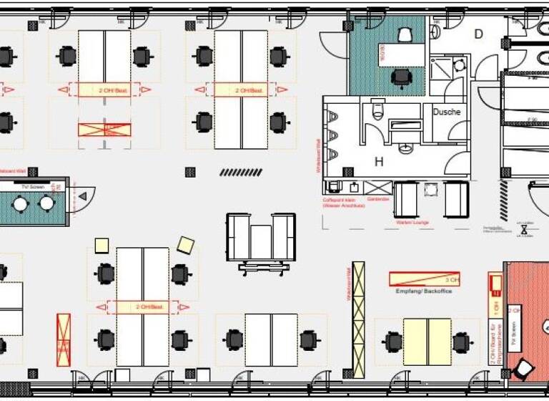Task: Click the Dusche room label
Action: pyautogui.click(x=446, y=112)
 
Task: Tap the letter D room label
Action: pyautogui.click(x=478, y=34)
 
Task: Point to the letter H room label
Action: pyautogui.click(x=379, y=162)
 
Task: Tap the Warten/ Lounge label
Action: pyautogui.click(x=413, y=222)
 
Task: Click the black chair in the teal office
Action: pyautogui.click(x=402, y=77)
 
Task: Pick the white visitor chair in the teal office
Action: pyautogui.click(x=405, y=34)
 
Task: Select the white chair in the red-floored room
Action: pyautogui.click(x=524, y=369)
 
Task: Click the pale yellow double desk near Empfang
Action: pyautogui.click(x=427, y=342)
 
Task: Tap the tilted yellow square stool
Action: pyautogui.click(x=186, y=246)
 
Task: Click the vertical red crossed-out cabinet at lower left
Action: pyautogui.click(x=64, y=341)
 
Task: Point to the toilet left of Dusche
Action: pyautogui.click(x=377, y=110)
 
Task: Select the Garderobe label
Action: pyautogui.click(x=377, y=199)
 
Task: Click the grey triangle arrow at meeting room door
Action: pyautogui.click(x=83, y=195)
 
